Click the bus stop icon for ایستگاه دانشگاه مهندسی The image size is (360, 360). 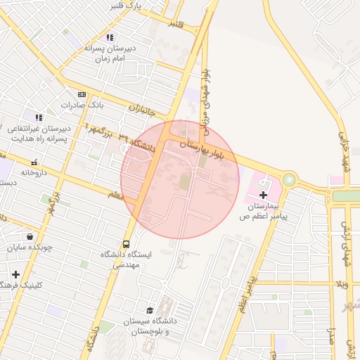[127, 243]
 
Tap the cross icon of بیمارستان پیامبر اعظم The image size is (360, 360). [264, 194]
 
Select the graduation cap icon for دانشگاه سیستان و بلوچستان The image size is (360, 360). [149, 310]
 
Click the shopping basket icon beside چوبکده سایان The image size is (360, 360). [30, 236]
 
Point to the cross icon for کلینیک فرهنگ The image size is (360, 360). [15, 274]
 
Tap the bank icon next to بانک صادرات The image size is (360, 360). [82, 94]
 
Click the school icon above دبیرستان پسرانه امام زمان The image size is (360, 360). [109, 37]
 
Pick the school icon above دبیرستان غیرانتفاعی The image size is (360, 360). [38, 117]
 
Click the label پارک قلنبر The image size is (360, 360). [127, 6]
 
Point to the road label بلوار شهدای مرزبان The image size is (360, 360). [206, 98]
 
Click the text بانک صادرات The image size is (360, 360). [82, 105]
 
